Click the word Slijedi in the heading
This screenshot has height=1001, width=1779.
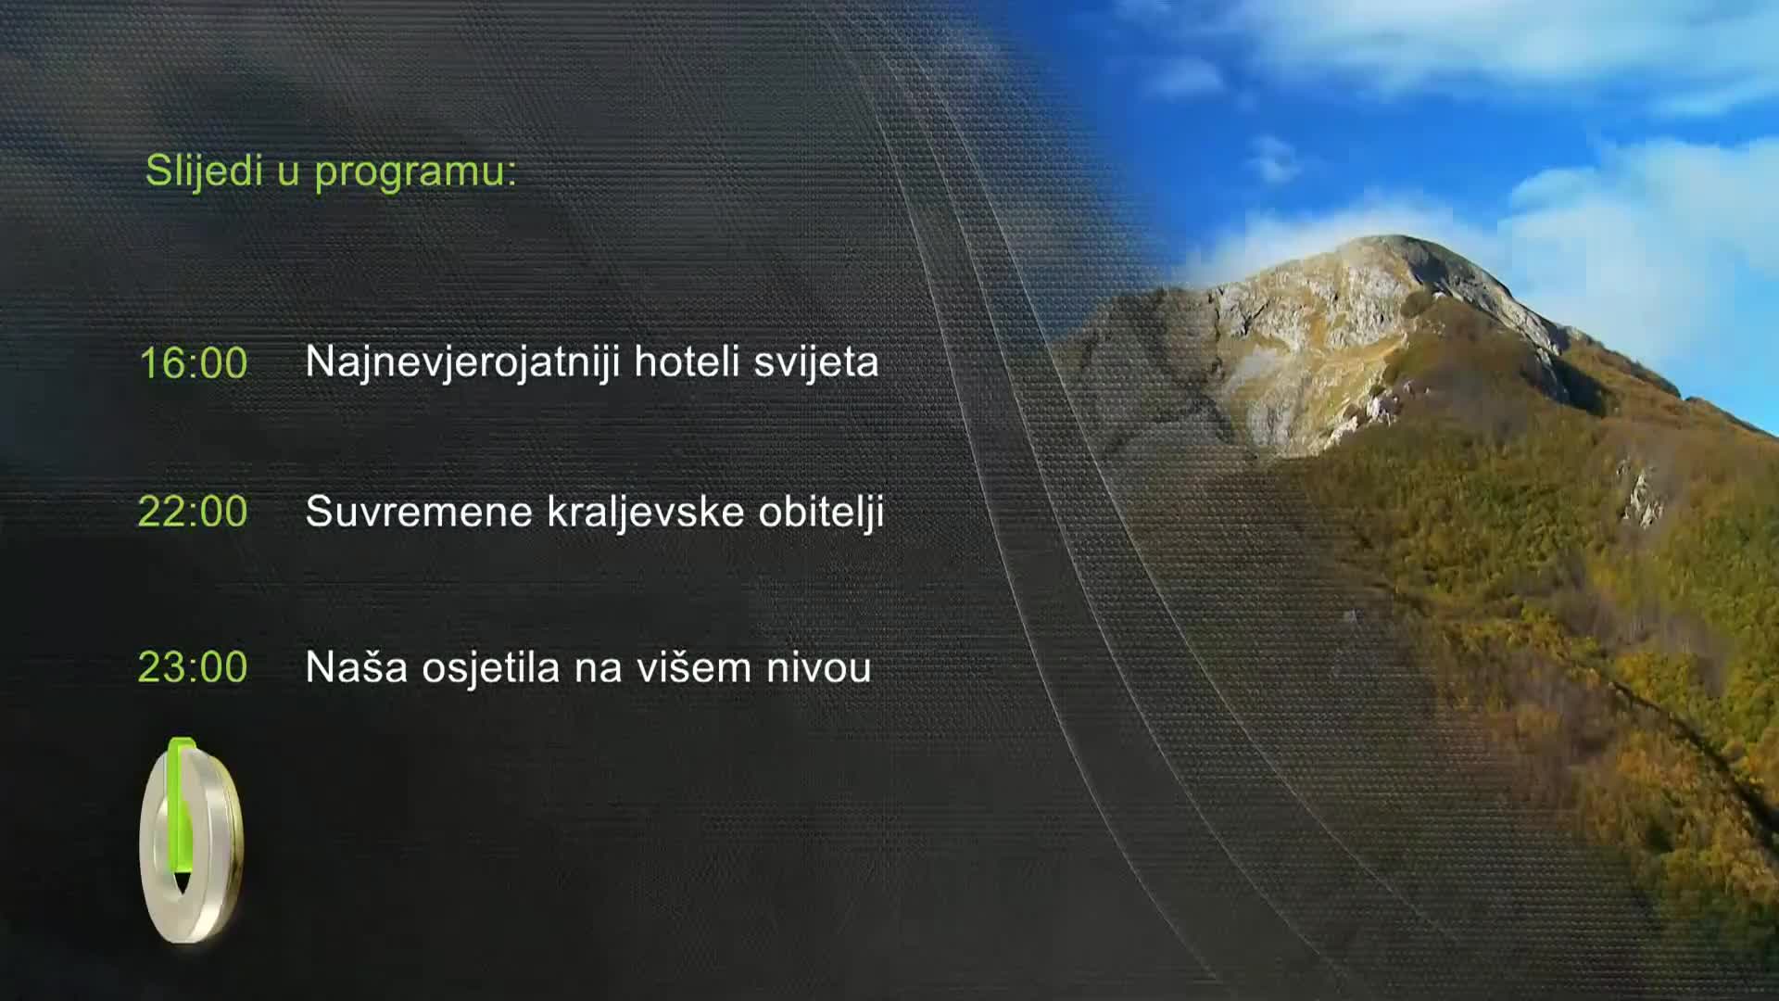204,171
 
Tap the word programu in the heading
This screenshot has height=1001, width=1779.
415,172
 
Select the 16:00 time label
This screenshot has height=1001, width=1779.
193,362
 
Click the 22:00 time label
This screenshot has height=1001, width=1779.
193,512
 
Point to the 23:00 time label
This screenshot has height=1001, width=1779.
193,667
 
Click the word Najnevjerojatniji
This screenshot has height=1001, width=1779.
462,362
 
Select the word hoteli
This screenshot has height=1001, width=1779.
687,361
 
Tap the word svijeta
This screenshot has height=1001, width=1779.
815,362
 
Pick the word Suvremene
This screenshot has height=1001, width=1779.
419,512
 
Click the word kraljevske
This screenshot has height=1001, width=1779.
646,512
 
